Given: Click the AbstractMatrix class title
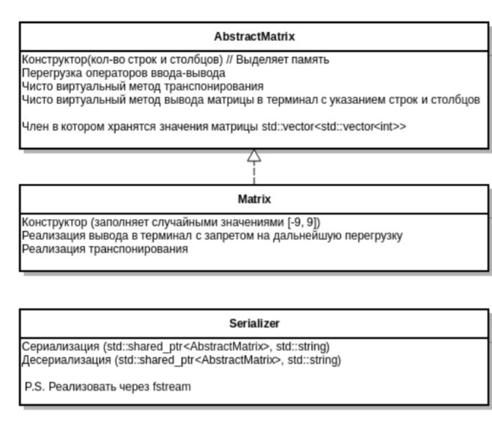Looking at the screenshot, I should [x=254, y=36].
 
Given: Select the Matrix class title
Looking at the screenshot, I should [x=254, y=199].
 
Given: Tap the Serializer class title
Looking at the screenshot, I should [x=254, y=324].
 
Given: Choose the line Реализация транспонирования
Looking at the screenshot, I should [x=105, y=249].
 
